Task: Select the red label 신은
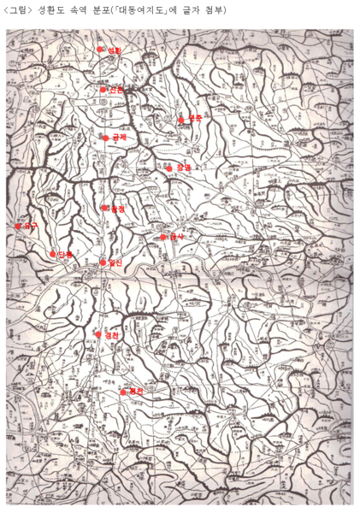point(116,89)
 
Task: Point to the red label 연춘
point(195,118)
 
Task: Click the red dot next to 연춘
point(182,120)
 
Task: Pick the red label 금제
point(119,137)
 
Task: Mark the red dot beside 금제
point(106,138)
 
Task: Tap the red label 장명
point(183,168)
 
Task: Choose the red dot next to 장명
point(170,168)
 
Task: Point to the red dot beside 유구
point(18,226)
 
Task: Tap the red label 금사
point(177,236)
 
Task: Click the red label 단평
point(66,254)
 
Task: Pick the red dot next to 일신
point(103,262)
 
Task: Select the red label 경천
point(111,335)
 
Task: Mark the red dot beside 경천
point(98,334)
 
